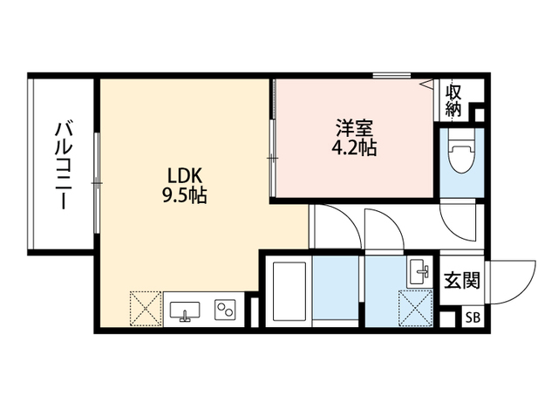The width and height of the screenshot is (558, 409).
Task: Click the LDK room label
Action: pos(185,175)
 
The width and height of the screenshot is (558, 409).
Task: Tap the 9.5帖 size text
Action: pos(185,195)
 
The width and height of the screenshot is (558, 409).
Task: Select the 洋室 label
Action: pos(355,128)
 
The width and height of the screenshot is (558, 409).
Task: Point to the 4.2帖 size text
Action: pos(355,147)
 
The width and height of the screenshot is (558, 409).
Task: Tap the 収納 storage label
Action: pos(453,101)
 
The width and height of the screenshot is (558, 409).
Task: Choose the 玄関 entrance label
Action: pos(462,280)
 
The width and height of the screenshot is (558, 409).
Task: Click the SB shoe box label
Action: pos(473,317)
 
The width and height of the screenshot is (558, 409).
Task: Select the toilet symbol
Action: pos(462,151)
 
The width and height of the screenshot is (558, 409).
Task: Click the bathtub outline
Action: pos(289,291)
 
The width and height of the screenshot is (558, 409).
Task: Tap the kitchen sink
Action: pos(185,311)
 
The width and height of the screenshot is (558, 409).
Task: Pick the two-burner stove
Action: pos(225,309)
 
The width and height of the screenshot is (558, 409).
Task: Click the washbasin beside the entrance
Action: pos(420,272)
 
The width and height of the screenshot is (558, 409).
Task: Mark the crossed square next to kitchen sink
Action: pos(146,308)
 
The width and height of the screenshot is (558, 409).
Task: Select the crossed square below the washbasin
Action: pos(416,307)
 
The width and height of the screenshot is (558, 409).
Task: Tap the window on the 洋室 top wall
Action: pos(391,76)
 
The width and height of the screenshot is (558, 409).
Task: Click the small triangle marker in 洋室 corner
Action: pos(426,84)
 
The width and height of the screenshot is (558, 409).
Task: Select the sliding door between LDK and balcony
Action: pos(97,183)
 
